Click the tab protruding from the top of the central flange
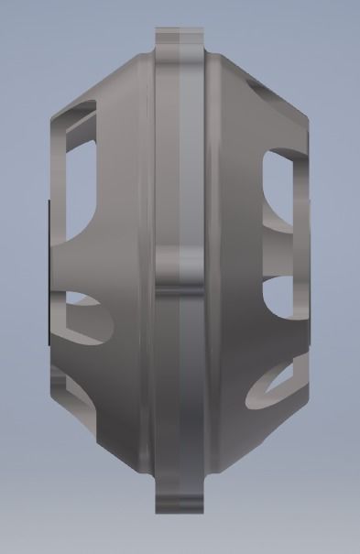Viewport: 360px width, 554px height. [x=180, y=41]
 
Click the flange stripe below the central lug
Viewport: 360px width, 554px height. [x=182, y=385]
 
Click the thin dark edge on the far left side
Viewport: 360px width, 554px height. [x=46, y=275]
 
